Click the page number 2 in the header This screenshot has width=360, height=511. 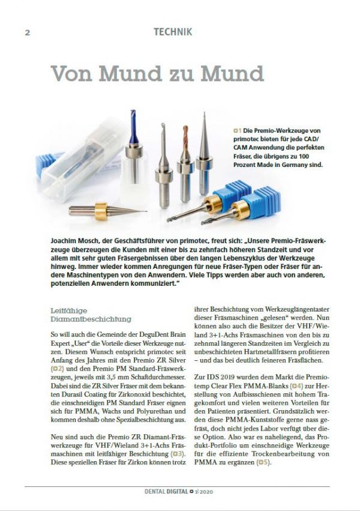[x=27, y=33]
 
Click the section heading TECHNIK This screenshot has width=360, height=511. [x=172, y=32]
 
